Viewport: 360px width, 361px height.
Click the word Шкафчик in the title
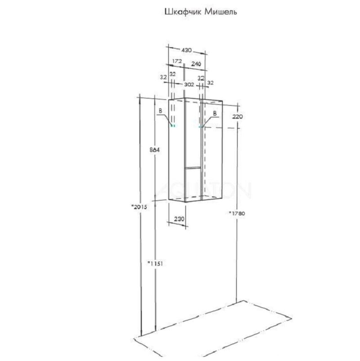[x=184, y=12]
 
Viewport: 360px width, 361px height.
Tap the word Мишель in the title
[x=221, y=11]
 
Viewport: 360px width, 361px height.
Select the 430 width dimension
[x=186, y=50]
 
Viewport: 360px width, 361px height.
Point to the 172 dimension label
[x=177, y=61]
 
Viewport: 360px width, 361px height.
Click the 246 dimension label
[x=196, y=64]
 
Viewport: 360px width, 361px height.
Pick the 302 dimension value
[x=189, y=85]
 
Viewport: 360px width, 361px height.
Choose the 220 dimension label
[x=238, y=117]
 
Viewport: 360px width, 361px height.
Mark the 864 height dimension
[x=154, y=150]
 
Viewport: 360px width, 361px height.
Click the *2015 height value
[x=139, y=207]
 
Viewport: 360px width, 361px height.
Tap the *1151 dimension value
[x=155, y=263]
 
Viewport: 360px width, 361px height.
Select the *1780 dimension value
[x=237, y=214]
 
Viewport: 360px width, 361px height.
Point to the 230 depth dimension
[x=179, y=219]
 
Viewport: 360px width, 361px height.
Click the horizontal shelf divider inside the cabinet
[x=193, y=167]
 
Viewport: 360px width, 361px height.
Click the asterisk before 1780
[x=230, y=213]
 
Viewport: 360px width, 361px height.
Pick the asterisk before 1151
[x=149, y=262]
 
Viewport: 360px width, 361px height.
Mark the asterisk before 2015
[x=132, y=206]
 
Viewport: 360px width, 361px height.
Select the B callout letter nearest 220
[x=215, y=113]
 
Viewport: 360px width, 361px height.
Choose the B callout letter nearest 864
[x=160, y=111]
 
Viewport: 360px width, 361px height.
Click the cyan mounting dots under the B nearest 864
[x=173, y=126]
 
